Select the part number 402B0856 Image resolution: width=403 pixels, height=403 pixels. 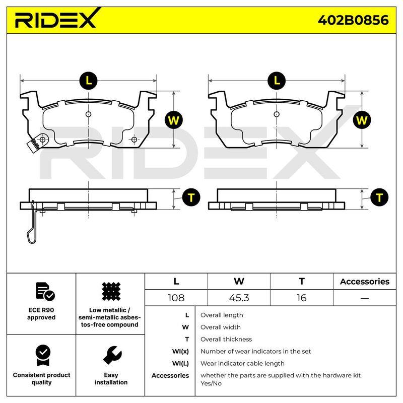353,20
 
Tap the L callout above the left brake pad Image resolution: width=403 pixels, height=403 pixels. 89,81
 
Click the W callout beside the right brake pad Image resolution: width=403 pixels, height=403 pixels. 362,120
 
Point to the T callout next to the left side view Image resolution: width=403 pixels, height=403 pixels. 191,197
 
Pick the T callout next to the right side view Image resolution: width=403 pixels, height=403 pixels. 379,197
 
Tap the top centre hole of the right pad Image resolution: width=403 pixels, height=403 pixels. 277,114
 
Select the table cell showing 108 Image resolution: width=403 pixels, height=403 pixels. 176,298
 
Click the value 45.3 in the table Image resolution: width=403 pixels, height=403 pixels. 239,298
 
